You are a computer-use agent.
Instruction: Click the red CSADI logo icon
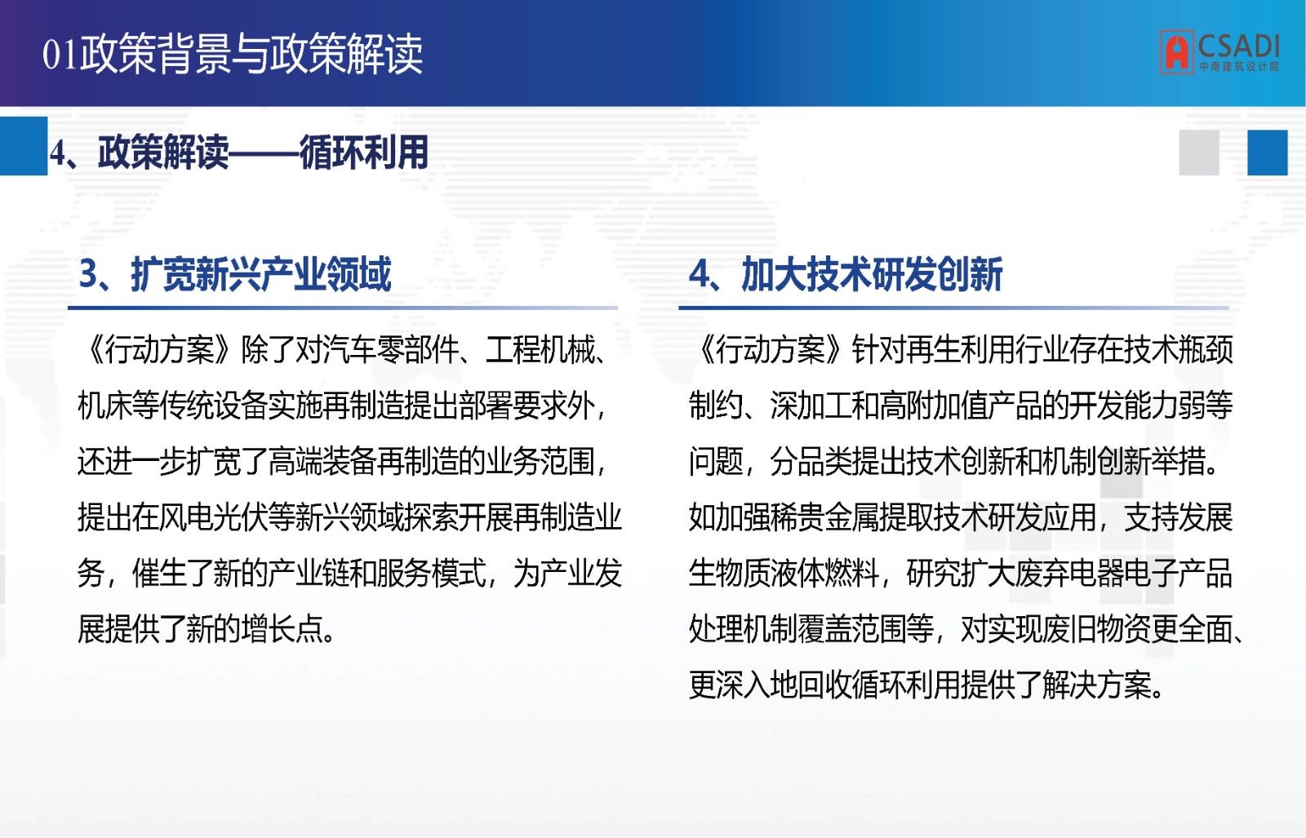(1176, 52)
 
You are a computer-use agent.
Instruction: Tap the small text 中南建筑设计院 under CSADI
(1239, 67)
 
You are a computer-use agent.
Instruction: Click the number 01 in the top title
(60, 55)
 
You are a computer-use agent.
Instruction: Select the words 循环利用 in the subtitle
(364, 153)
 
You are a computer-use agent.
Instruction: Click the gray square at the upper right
(1199, 153)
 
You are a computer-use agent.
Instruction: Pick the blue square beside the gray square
(1268, 153)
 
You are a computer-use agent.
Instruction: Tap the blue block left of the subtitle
(24, 146)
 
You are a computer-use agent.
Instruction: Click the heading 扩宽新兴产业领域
(260, 274)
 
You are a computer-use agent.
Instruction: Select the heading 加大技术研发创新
(872, 274)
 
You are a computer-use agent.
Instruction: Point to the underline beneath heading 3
(343, 307)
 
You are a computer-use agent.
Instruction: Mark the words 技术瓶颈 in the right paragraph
(1179, 350)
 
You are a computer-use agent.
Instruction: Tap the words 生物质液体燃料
(784, 574)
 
